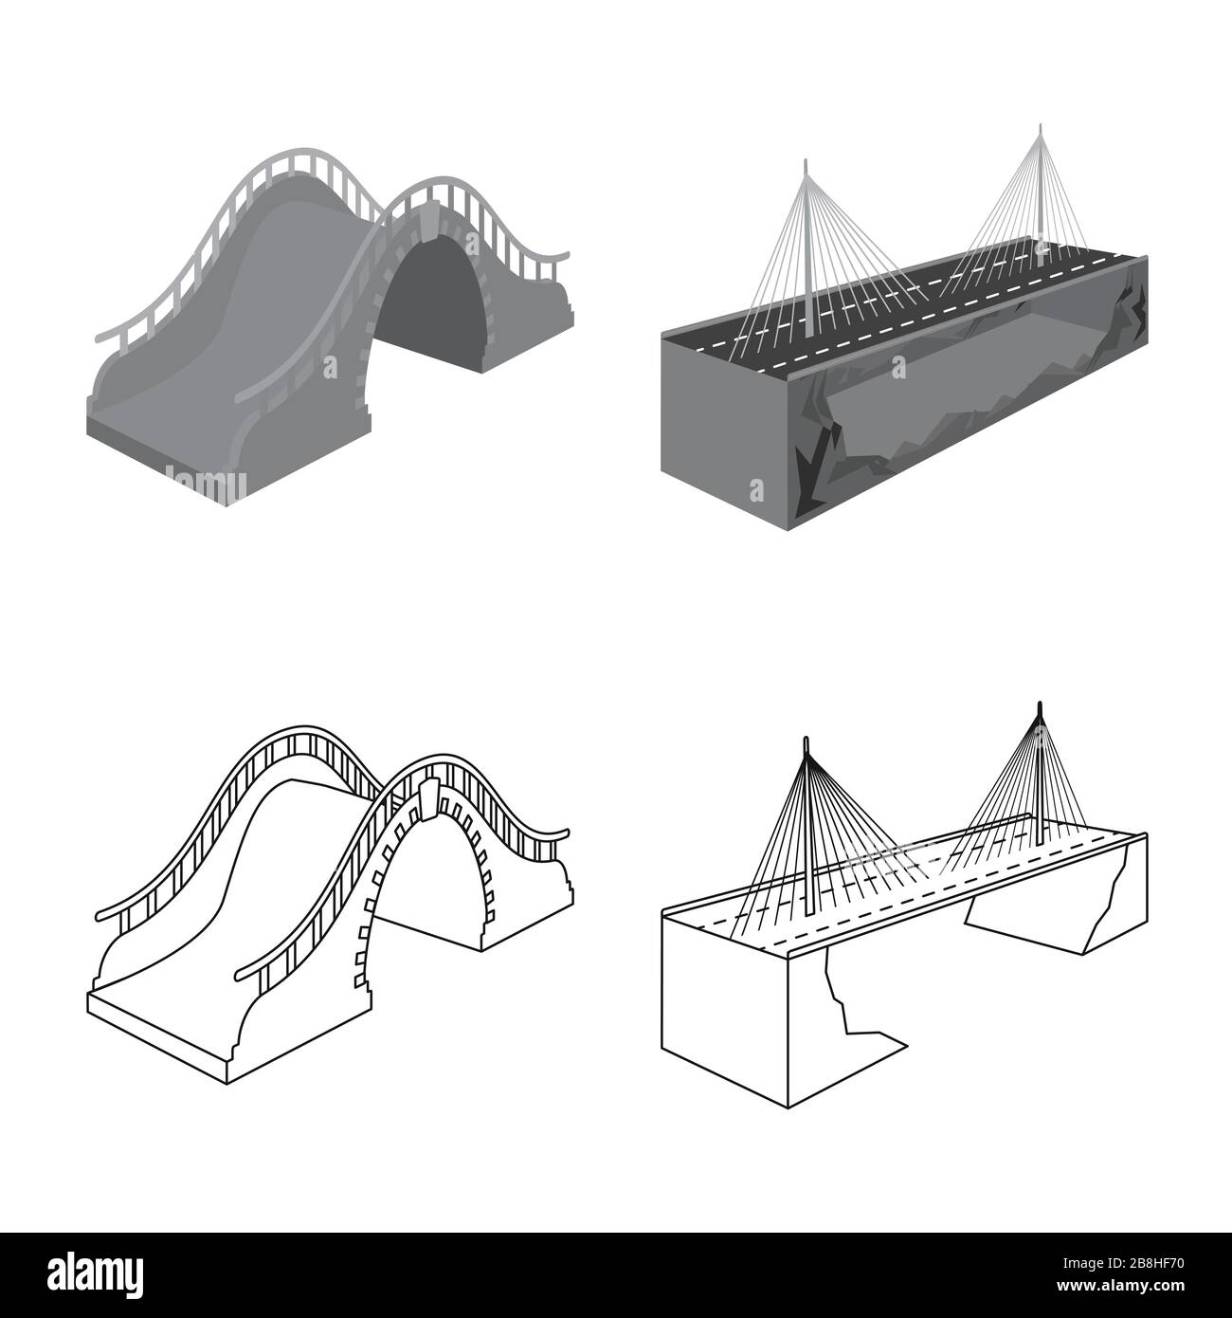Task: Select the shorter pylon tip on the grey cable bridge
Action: [806, 161]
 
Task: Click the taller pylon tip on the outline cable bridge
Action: [1040, 705]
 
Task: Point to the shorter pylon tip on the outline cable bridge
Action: [806, 740]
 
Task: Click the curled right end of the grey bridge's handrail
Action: [563, 255]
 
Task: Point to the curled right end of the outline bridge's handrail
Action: [563, 832]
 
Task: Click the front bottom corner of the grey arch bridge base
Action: [226, 505]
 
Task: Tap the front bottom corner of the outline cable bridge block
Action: [788, 1107]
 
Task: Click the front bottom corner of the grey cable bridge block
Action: [788, 530]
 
